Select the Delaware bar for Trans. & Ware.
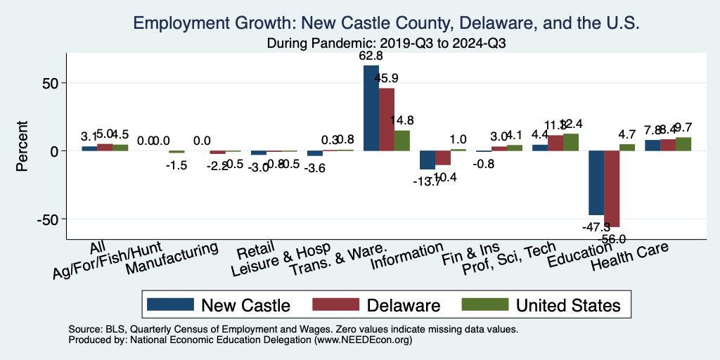[386, 120]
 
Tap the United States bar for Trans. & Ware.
[401, 141]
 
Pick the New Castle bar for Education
[596, 183]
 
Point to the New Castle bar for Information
[427, 160]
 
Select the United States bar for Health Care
[683, 144]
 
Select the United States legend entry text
[568, 305]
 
